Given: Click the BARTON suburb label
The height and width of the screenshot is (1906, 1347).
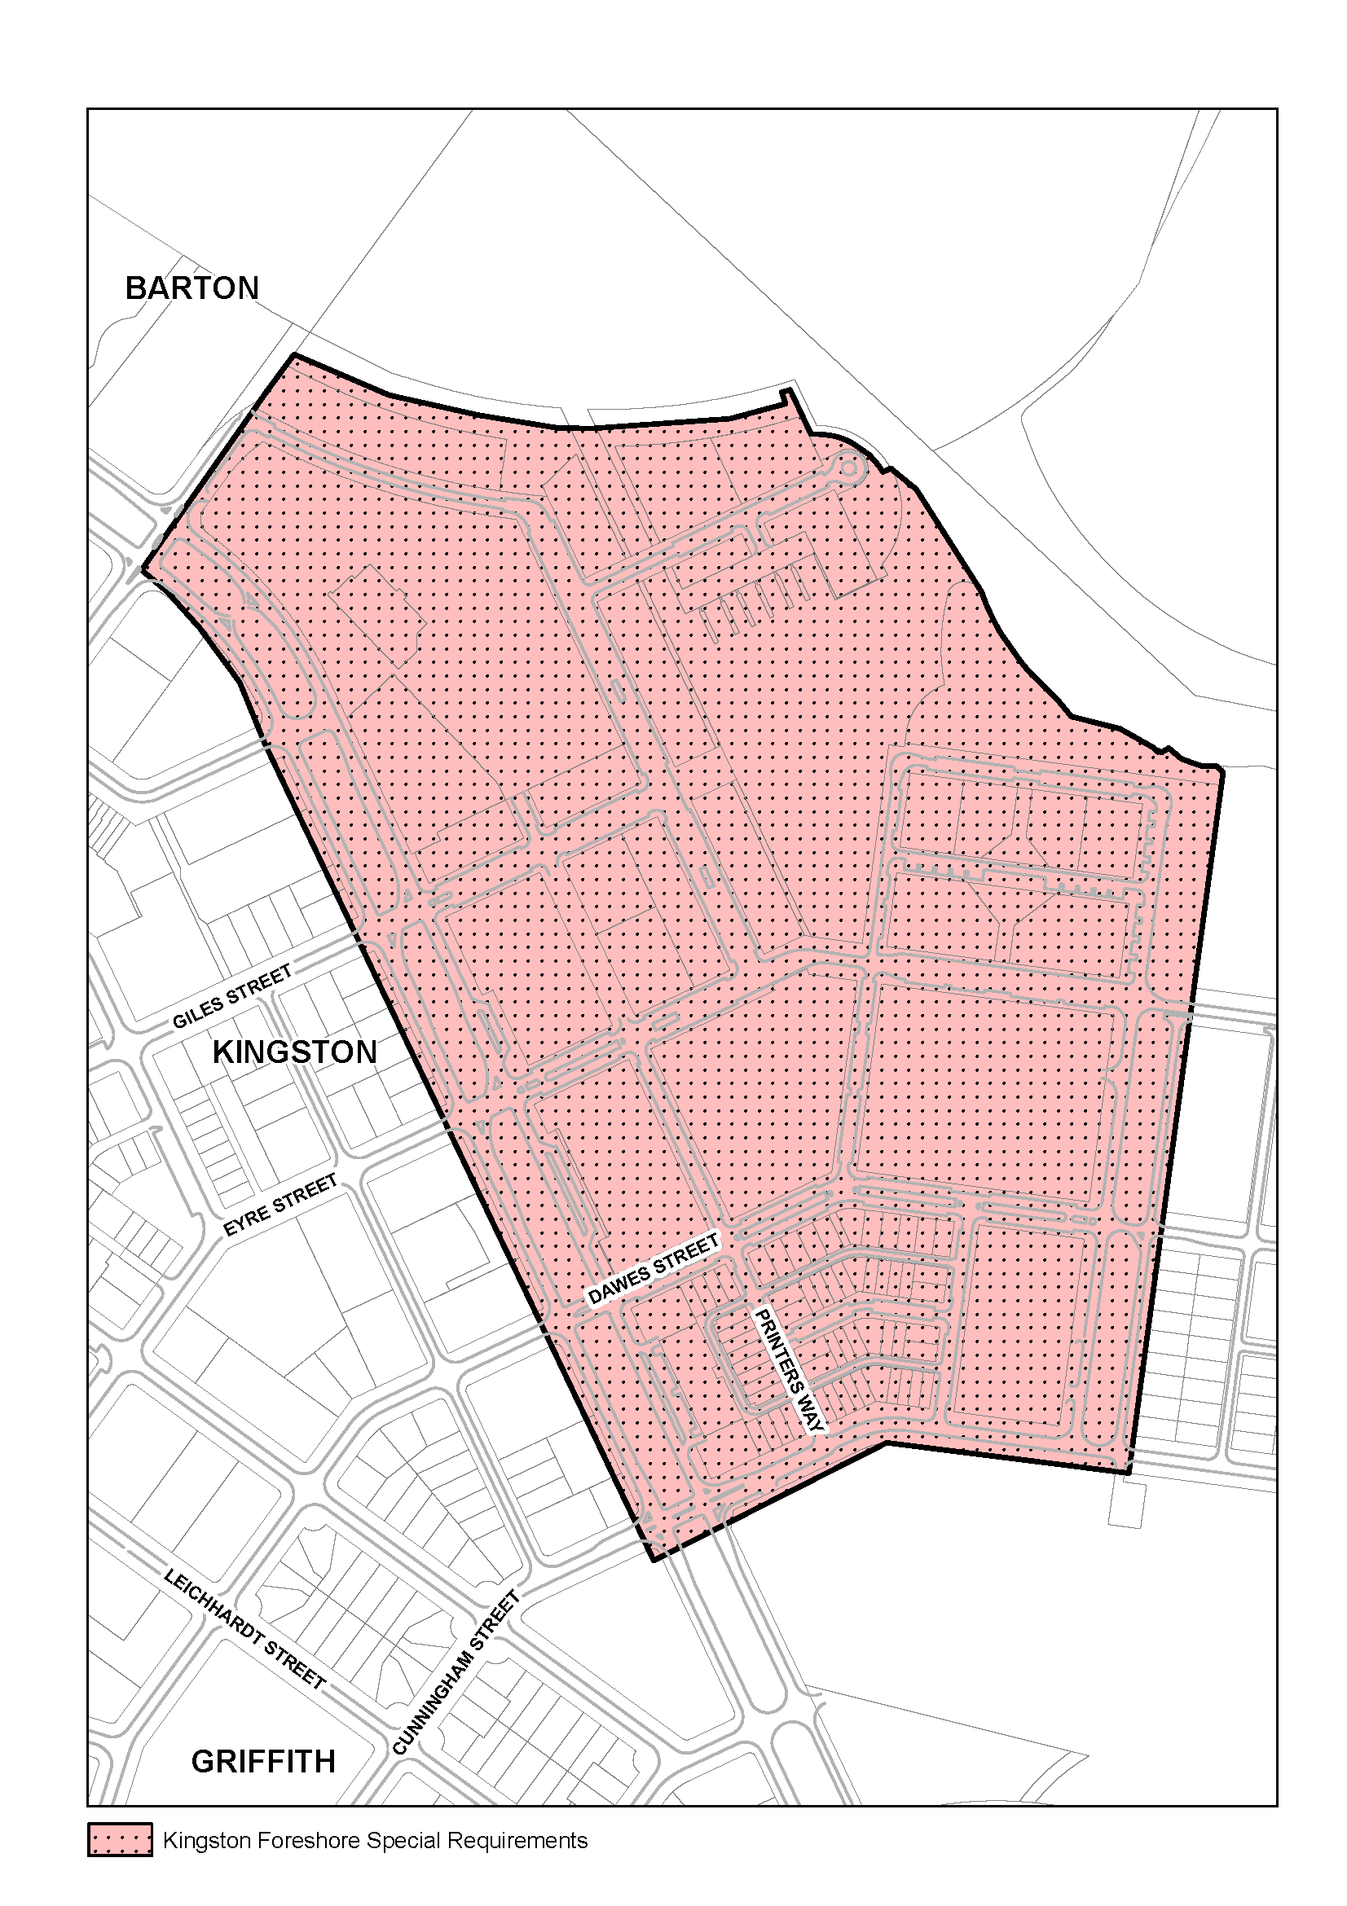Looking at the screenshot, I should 191,288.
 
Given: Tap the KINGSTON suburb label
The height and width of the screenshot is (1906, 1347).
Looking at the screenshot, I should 295,1052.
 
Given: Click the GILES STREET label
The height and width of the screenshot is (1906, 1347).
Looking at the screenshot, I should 231,996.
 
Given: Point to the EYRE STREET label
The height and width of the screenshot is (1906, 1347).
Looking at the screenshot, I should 280,1205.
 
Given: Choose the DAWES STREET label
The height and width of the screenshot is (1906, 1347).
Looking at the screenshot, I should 653,1268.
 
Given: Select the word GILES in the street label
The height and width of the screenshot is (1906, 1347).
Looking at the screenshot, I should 198,1010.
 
